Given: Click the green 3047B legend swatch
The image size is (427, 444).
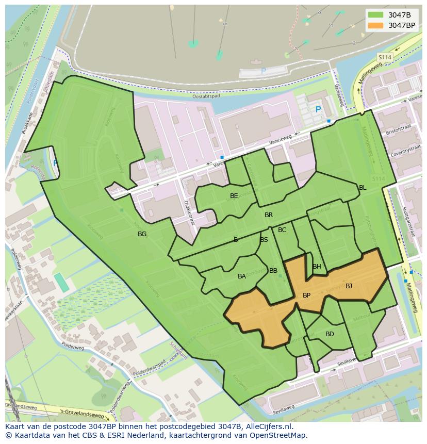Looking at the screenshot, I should [375, 15].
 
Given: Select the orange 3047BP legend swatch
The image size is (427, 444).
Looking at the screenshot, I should [375, 25].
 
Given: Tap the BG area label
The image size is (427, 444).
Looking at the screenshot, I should [142, 234].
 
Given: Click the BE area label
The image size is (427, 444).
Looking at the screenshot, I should [234, 196].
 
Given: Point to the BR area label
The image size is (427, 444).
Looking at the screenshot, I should [269, 215].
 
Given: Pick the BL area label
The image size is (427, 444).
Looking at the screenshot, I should [363, 188].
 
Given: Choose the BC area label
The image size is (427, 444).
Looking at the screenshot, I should [282, 230].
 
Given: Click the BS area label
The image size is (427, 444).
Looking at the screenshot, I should [264, 240].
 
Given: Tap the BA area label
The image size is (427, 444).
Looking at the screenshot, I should [242, 276].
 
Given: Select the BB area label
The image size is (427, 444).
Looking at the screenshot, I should [273, 271].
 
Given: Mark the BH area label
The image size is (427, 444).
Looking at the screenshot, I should [317, 267].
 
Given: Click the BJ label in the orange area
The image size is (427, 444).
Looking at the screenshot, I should [349, 286].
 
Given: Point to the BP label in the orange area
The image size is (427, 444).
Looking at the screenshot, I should [306, 295].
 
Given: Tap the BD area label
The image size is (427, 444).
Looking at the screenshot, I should [330, 334].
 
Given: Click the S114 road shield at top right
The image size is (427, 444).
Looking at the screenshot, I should [384, 57].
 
